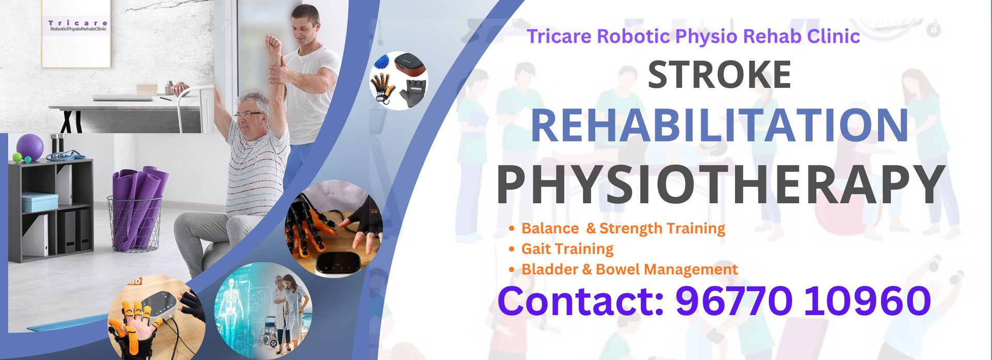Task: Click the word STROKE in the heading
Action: tap(719, 75)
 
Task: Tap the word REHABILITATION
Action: tap(720, 125)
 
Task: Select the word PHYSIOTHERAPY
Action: tap(721, 184)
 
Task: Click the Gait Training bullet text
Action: tap(567, 249)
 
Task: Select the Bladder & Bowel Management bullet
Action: tap(629, 270)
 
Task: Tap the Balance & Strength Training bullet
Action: tap(623, 228)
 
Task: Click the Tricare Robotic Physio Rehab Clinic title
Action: tap(693, 36)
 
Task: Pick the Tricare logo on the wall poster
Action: tap(78, 26)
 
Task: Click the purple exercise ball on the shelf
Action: tap(30, 148)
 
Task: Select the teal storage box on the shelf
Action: tap(40, 202)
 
